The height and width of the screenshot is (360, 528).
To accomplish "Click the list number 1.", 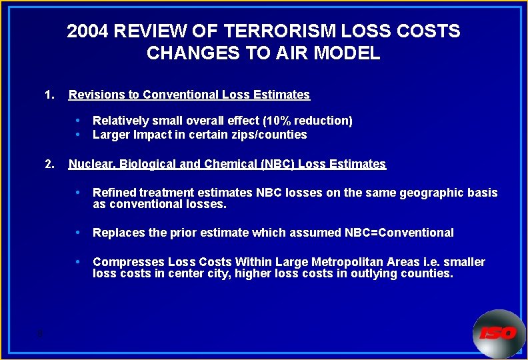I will pos(48,95).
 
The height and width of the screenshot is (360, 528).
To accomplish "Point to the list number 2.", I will pos(48,164).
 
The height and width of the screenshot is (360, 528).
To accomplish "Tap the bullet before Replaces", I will pos(79,233).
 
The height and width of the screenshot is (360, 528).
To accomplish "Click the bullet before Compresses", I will pos(79,262).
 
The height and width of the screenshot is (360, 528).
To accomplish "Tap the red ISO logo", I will pos(497,333).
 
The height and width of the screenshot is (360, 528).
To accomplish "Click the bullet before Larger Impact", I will pos(79,135).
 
